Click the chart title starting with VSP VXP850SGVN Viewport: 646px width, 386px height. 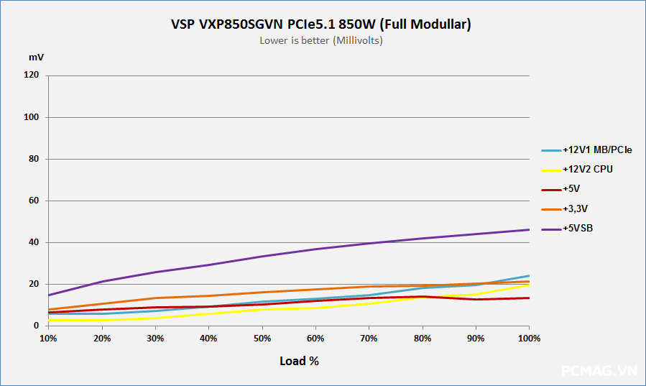coord(321,24)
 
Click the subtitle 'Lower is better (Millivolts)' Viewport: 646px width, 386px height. coord(321,41)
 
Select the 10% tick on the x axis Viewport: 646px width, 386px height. coord(48,338)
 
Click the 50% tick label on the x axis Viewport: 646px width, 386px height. coord(262,338)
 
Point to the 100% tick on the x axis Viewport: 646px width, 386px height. coord(529,338)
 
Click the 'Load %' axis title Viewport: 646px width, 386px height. coord(299,361)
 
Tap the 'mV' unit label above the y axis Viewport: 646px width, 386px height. coord(36,57)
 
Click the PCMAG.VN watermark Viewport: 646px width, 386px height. coord(599,371)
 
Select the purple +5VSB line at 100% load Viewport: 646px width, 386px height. coord(529,230)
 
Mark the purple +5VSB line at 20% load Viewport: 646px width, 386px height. coord(102,282)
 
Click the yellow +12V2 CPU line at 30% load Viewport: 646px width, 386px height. coord(155,318)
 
